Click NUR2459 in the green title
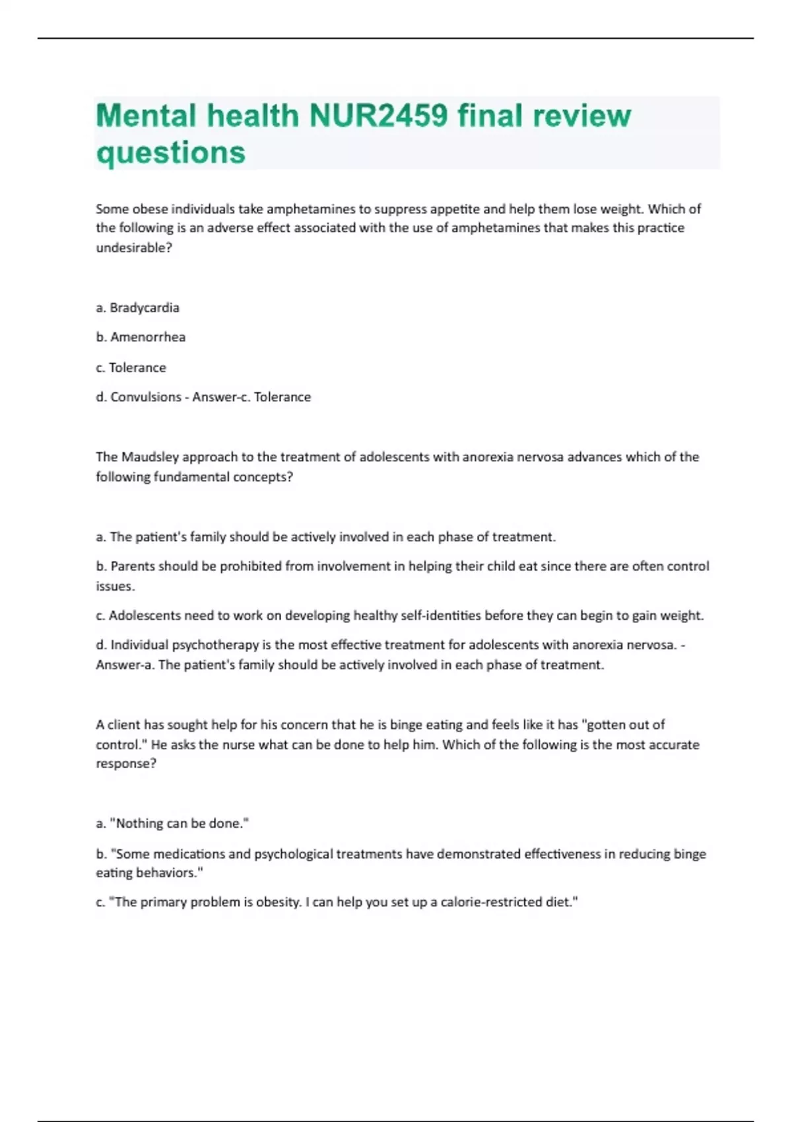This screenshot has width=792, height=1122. point(378,115)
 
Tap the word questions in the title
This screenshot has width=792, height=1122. point(171,152)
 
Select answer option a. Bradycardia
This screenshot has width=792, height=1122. point(138,308)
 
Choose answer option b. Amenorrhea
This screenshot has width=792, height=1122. point(141,337)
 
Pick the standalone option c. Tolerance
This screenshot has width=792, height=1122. point(131,368)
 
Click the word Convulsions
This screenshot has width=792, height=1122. point(146,397)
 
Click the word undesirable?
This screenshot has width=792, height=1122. point(134,248)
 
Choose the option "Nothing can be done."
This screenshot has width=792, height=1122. point(172,824)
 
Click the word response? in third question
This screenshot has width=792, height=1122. point(126,764)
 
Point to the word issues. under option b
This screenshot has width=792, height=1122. point(115,586)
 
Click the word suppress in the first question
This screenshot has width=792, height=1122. point(401,209)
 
